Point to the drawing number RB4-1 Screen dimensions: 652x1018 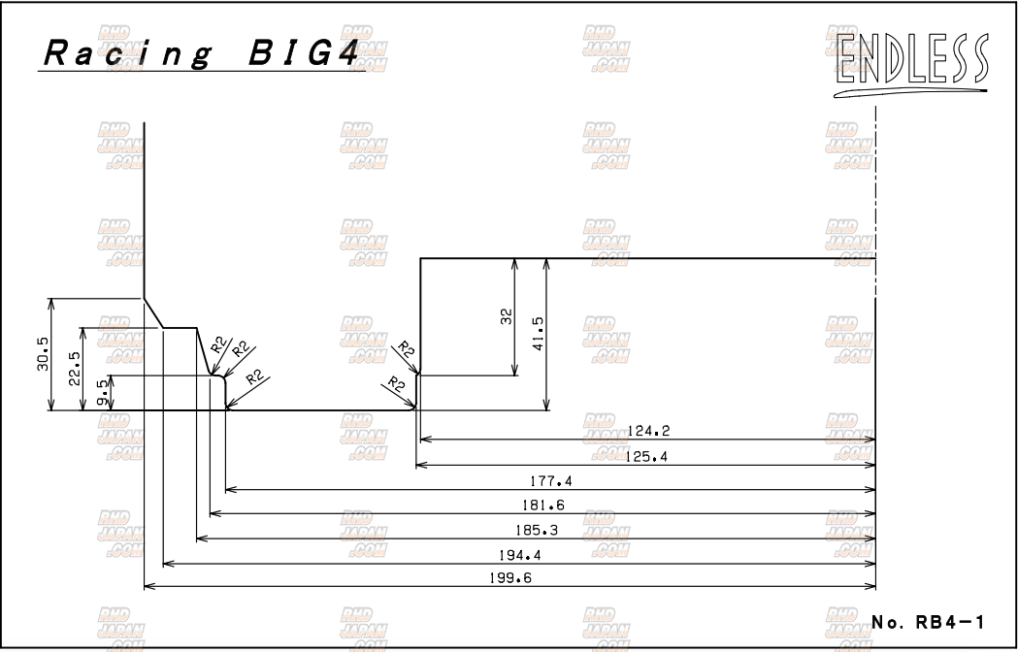(929, 622)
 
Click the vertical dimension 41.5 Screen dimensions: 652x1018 (538, 334)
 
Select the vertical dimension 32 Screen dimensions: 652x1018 (506, 316)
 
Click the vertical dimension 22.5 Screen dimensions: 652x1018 (74, 369)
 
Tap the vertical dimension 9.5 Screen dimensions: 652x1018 (102, 393)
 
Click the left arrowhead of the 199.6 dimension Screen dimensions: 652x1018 (148, 587)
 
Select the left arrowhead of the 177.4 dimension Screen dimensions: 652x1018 (229, 490)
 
